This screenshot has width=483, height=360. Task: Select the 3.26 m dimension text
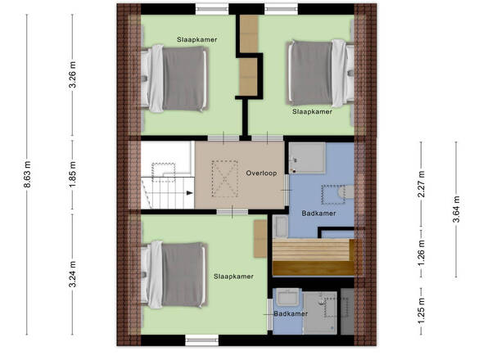click(72, 74)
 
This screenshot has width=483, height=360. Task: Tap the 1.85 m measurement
click(72, 174)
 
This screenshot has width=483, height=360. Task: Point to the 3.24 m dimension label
click(72, 274)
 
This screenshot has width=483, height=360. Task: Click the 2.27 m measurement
click(421, 184)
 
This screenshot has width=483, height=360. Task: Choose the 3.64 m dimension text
click(456, 209)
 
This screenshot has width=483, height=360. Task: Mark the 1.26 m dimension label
click(421, 253)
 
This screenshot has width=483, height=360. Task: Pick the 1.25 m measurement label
click(421, 311)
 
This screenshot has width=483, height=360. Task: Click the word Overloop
click(261, 173)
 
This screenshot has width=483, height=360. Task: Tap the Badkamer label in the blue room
click(318, 213)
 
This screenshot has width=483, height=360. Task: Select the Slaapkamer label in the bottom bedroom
click(233, 277)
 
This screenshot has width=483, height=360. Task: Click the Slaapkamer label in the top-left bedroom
click(196, 39)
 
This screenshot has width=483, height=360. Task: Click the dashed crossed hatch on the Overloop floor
click(225, 178)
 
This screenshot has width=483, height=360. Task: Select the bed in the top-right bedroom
click(320, 74)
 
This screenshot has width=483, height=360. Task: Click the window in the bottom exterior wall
click(201, 340)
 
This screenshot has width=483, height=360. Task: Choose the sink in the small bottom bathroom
click(287, 298)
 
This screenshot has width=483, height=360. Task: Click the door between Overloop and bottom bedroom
click(232, 212)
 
